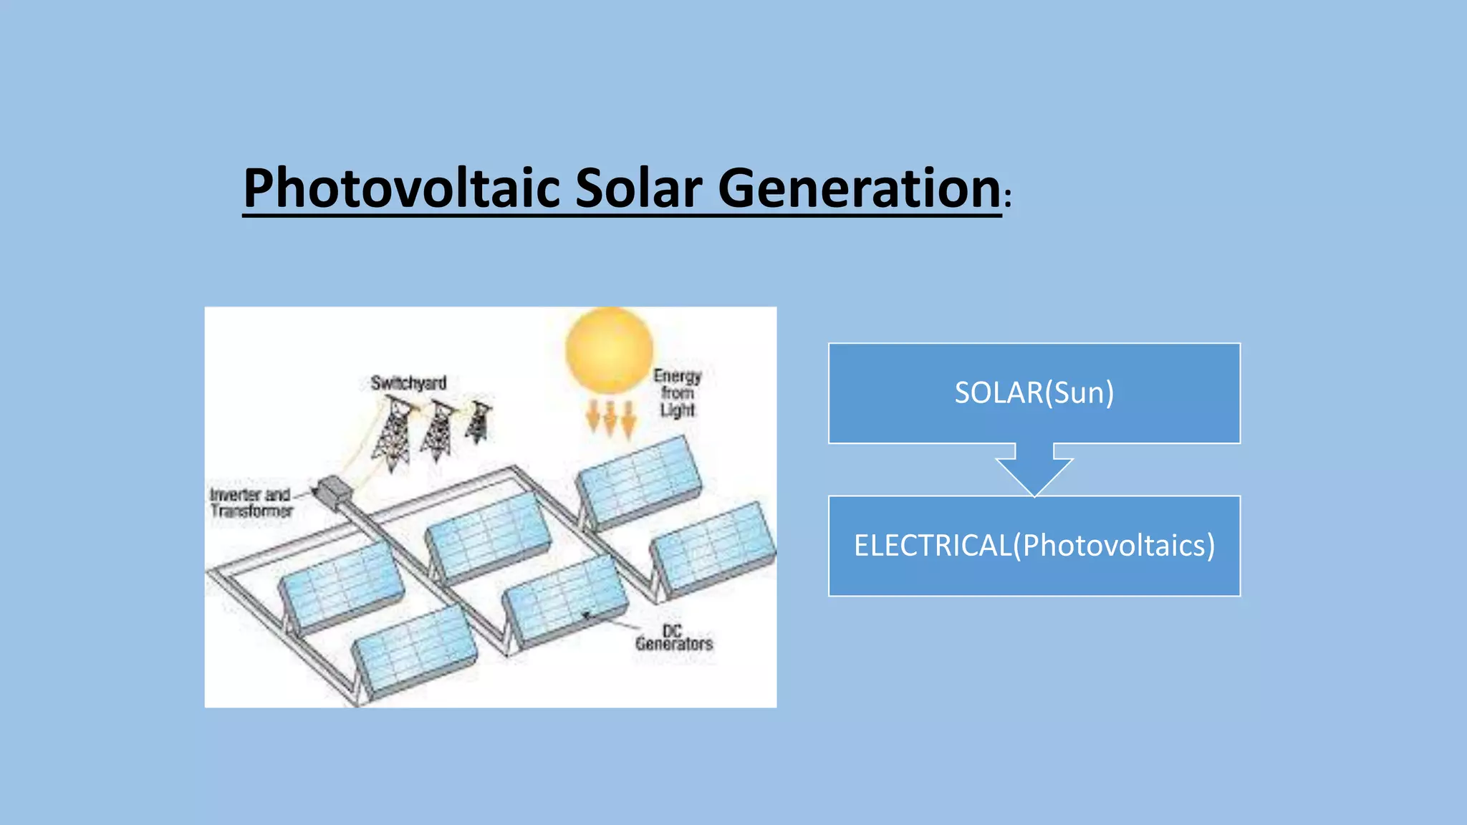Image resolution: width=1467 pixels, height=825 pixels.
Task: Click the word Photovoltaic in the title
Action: point(401,188)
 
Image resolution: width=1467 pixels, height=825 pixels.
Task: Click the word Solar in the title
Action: point(638,188)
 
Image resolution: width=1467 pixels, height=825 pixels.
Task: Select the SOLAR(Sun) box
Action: point(1034,393)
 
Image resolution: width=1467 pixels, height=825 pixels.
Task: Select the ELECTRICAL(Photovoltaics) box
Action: point(1034,546)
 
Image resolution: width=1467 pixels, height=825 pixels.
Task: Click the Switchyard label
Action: point(408,383)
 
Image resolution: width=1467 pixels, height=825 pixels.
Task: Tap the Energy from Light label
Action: point(677,393)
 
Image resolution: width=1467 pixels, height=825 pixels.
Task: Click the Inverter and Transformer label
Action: point(251,503)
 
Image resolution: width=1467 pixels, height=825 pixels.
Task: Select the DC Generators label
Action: point(673,638)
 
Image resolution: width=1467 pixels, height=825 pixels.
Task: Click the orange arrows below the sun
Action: point(610,418)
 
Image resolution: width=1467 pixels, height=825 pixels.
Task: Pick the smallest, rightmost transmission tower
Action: point(478,422)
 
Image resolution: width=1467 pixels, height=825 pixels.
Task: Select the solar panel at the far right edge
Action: point(713,549)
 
